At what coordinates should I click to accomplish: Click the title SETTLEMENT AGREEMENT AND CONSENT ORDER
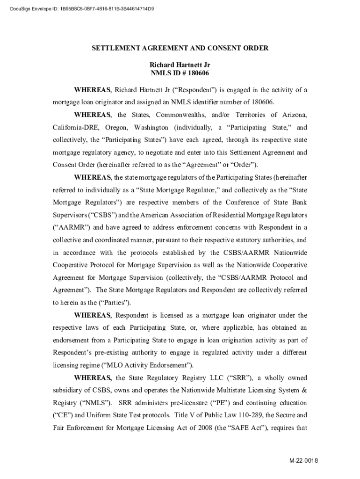[x=180, y=48]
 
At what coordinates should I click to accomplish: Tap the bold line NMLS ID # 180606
[x=180, y=73]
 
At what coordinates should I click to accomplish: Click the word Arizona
[x=293, y=115]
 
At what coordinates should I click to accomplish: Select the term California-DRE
[x=75, y=127]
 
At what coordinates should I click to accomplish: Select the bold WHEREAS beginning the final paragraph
[x=93, y=377]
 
